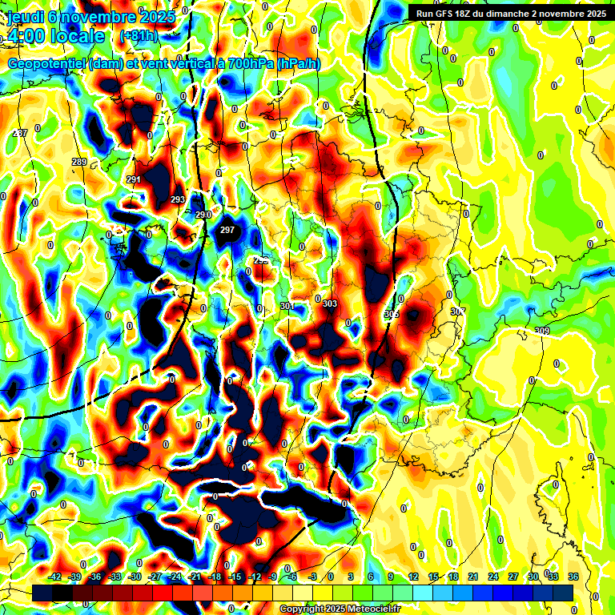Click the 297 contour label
[227, 230]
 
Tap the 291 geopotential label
[134, 179]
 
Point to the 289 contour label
[79, 163]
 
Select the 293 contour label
[178, 199]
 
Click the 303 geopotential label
[330, 303]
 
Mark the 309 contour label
[542, 332]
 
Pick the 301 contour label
[288, 306]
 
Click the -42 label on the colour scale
[55, 577]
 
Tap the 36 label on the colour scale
[573, 577]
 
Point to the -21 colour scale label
[195, 577]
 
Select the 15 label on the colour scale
[433, 577]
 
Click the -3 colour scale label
[313, 577]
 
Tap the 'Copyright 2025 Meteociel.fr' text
[340, 609]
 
